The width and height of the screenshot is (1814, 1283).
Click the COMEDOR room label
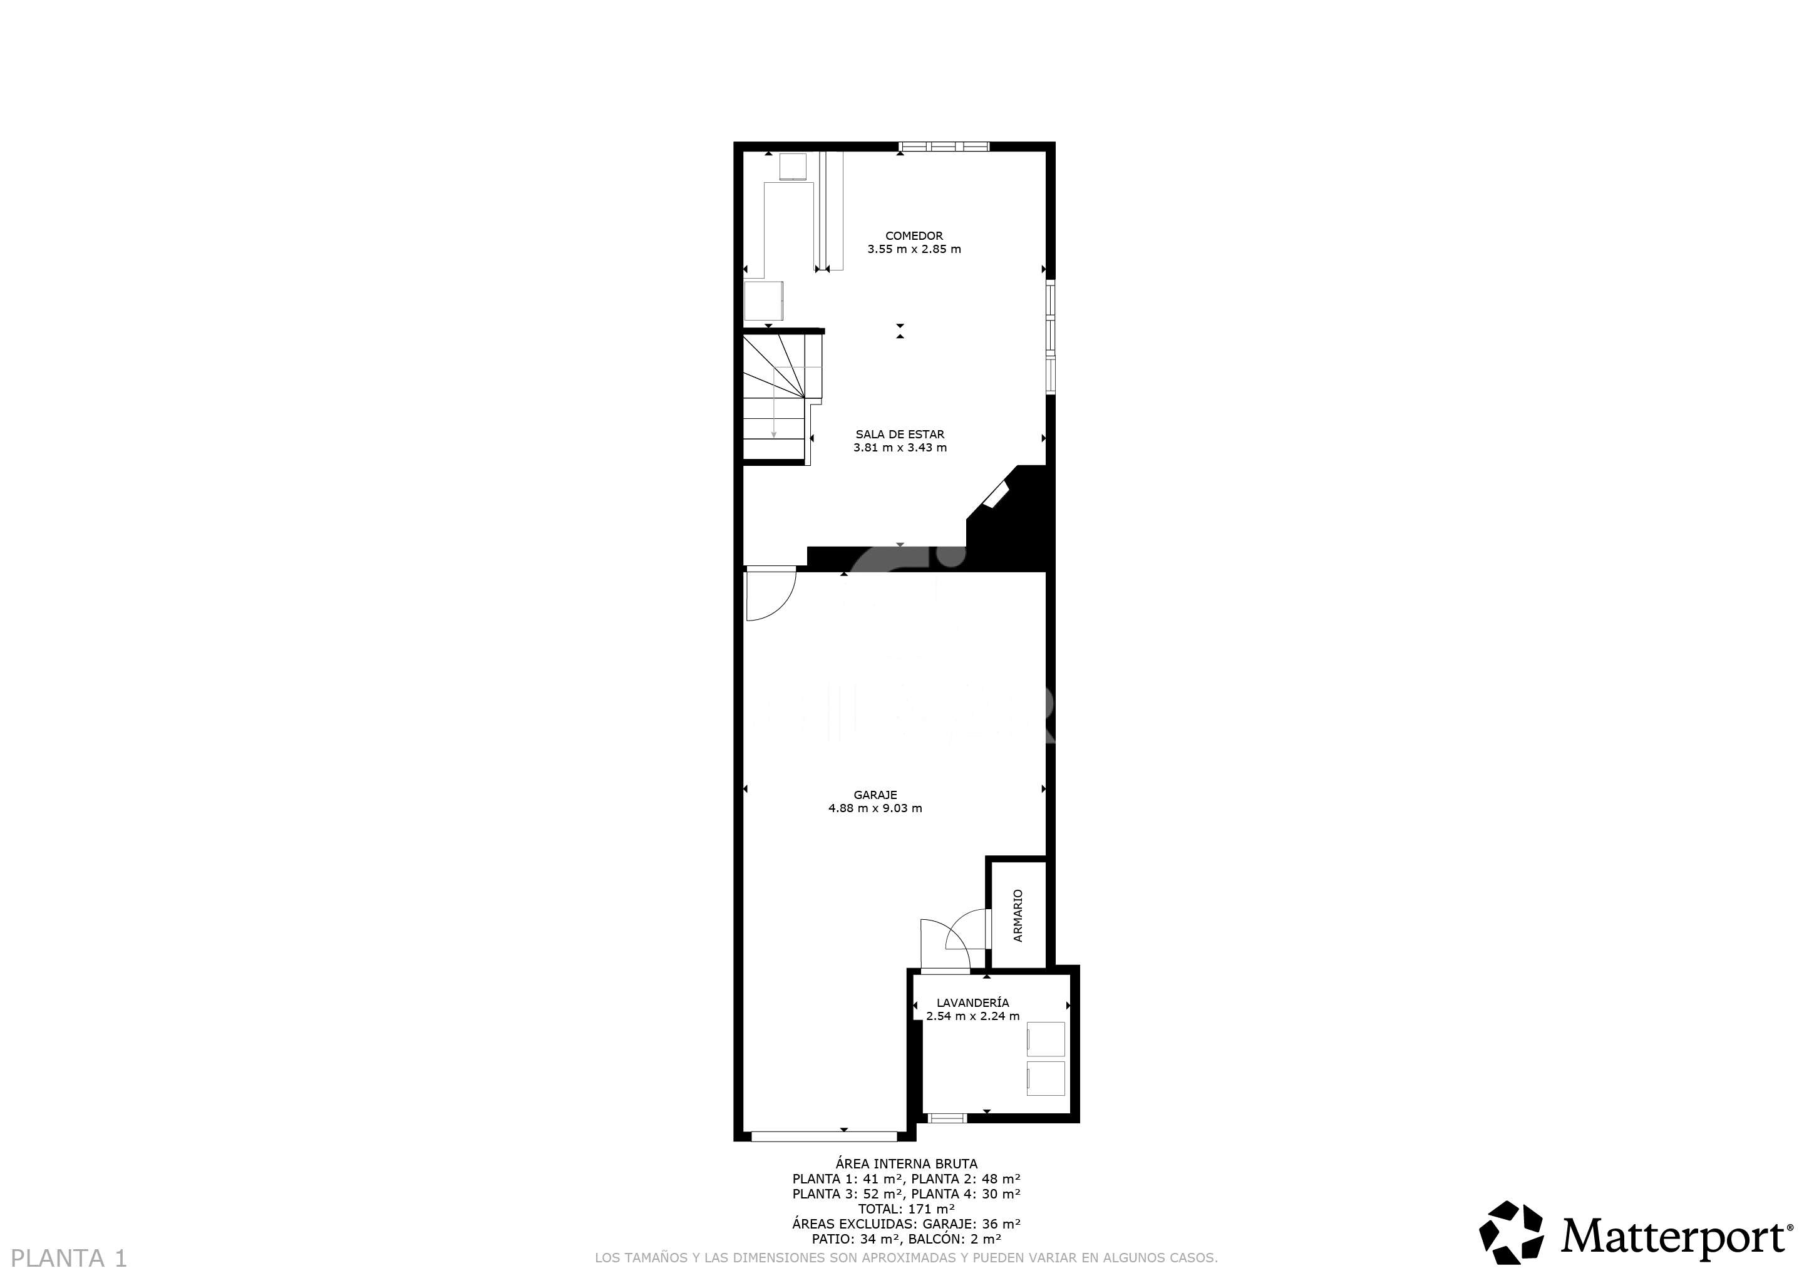pos(914,235)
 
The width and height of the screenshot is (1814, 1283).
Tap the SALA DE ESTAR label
pos(900,434)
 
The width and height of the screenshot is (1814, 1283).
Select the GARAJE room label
pos(875,795)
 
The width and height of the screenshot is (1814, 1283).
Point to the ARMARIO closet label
pos(1018,915)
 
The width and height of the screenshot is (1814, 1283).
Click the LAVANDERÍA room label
pos(972,1002)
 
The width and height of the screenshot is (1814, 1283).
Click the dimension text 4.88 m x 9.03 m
pos(875,808)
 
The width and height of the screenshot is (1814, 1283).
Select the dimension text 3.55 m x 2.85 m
pos(914,249)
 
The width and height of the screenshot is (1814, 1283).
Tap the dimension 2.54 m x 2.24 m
pos(972,1016)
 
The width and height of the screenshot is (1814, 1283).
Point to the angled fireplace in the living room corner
pos(996,495)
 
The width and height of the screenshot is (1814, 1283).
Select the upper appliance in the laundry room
pos(1045,1039)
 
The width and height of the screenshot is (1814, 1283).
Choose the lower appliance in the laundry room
pos(1045,1078)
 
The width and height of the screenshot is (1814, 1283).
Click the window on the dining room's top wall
pos(944,146)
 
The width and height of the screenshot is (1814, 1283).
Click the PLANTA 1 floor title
pos(70,1258)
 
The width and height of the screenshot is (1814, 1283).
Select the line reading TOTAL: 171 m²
pos(906,1208)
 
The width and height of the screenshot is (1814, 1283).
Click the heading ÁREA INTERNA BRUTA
pos(906,1163)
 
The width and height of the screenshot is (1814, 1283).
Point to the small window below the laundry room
pos(947,1118)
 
